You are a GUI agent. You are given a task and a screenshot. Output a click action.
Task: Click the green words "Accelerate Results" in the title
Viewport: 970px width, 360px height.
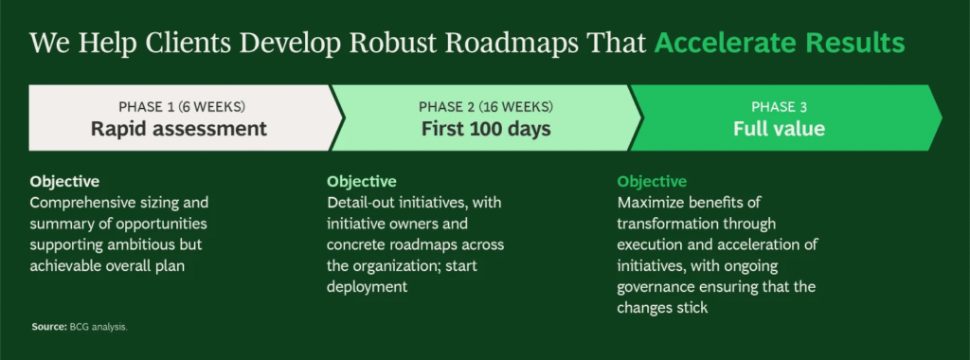coord(780,44)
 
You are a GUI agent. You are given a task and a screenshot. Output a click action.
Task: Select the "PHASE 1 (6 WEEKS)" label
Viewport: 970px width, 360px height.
coord(182,107)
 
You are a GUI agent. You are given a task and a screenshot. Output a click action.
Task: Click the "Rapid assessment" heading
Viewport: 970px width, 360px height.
coord(179,129)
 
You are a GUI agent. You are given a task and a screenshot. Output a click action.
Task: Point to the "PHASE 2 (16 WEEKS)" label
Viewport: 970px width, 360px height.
coord(486,107)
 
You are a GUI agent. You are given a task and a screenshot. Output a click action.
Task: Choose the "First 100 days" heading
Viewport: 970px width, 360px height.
coord(486,129)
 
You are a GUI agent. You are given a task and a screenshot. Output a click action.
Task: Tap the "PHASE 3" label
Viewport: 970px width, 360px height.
coord(779,107)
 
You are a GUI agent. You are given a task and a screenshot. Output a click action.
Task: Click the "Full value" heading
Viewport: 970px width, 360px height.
coord(779,129)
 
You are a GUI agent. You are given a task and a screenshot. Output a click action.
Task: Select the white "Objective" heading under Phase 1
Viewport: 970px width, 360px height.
coord(64,182)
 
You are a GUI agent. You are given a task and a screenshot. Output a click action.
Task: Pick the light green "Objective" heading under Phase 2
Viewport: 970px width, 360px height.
coord(362,182)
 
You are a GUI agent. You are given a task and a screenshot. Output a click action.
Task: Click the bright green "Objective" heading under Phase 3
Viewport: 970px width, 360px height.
coord(652,182)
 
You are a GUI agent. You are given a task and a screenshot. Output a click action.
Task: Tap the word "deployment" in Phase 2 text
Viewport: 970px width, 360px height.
coord(367,287)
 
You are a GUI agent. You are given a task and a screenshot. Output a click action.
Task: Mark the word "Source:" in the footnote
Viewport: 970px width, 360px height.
coord(49,327)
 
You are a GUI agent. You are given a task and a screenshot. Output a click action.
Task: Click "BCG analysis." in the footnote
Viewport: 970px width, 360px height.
coord(99,327)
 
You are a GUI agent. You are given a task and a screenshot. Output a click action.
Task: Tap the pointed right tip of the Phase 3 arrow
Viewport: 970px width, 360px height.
coord(942,117)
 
